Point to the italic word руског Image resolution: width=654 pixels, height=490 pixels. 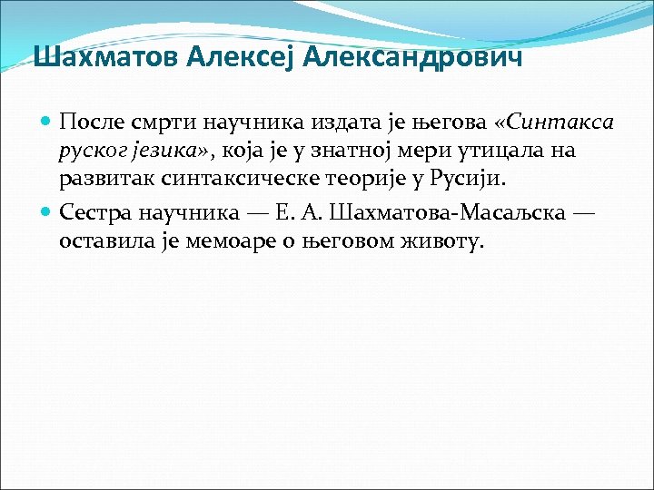point(92,151)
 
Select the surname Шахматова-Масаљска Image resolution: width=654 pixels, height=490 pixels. point(469,213)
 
